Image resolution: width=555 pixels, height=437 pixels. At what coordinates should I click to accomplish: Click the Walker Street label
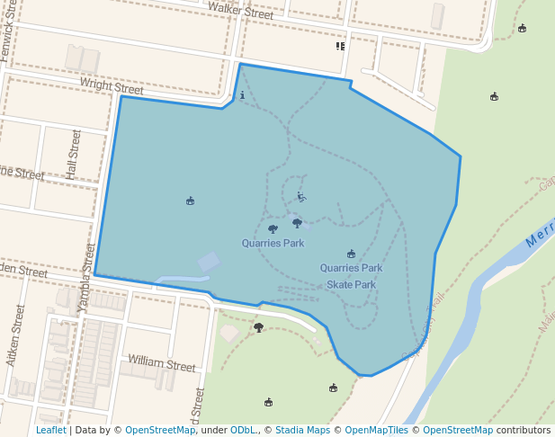tap(240, 11)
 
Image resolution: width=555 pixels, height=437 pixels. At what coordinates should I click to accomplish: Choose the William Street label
tap(161, 365)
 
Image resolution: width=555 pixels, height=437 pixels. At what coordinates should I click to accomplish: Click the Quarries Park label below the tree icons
tap(273, 243)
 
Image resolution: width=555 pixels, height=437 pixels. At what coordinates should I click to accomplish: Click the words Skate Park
tap(351, 284)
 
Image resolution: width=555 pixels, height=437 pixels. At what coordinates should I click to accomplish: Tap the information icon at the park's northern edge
tap(242, 94)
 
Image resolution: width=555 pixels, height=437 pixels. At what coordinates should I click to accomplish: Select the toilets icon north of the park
tap(340, 46)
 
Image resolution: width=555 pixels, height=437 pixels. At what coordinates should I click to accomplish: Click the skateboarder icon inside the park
tap(301, 197)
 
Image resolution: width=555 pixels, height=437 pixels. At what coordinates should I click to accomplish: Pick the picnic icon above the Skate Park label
tap(351, 254)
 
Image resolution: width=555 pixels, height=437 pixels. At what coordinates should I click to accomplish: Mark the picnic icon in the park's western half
tap(190, 201)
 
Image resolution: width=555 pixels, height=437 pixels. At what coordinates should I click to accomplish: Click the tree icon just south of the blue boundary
tap(259, 327)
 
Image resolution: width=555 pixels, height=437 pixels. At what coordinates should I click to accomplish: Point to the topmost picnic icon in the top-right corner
tap(522, 28)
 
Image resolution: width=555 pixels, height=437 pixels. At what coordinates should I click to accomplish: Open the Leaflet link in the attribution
tap(50, 430)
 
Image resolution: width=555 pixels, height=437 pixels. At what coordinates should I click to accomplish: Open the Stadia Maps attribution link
tap(302, 430)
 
